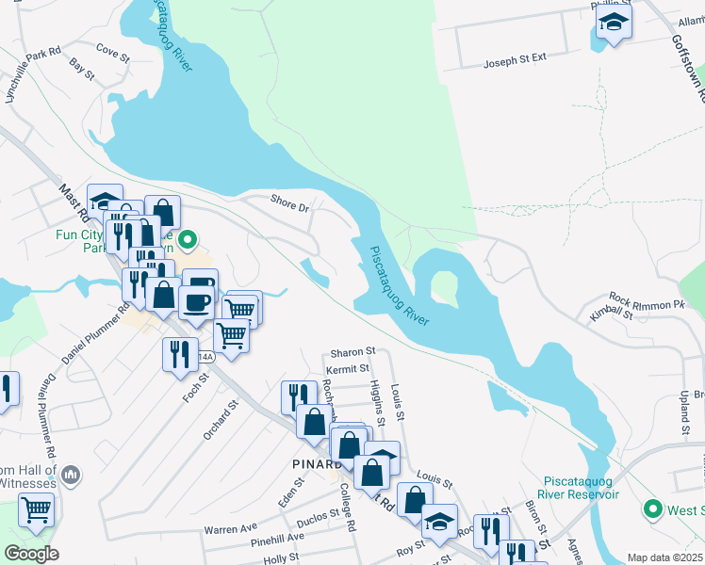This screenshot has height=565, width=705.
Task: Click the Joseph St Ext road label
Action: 515,61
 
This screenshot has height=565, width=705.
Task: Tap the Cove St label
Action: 111,54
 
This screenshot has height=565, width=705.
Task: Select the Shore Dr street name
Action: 289,203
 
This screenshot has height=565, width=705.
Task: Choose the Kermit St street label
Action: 349,367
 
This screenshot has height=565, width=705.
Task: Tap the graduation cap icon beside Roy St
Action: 439,521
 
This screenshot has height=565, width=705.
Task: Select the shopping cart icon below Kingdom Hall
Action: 36,509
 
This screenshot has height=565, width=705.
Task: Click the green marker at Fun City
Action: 188,241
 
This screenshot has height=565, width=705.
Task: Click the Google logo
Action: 30,554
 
